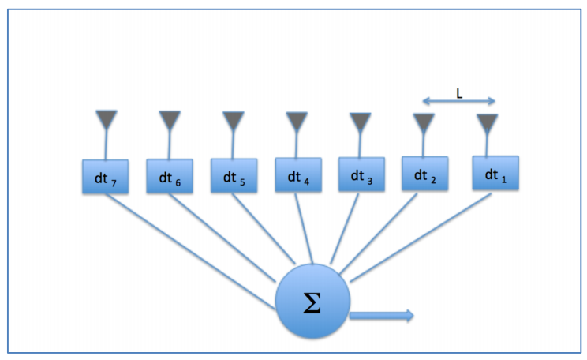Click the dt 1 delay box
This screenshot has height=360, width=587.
point(495,173)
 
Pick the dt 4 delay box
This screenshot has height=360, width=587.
point(297,175)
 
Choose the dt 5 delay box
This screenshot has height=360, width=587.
point(234,176)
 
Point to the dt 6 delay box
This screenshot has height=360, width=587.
point(170,177)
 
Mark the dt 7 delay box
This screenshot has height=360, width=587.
point(106,178)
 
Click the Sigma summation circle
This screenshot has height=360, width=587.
point(312,304)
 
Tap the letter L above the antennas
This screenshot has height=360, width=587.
point(459,93)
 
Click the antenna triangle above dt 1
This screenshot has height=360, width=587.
point(488,123)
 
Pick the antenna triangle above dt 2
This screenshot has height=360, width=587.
point(424,123)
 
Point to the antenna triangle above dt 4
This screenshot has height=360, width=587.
point(297,122)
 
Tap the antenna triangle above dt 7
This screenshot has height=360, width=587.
point(106,120)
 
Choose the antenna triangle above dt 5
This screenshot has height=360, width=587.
point(233,121)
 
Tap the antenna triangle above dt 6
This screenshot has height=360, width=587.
point(170,120)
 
